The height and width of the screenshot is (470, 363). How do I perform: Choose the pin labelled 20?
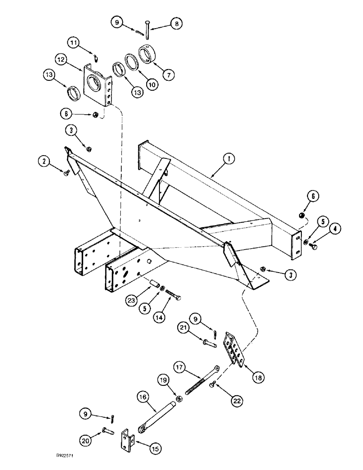tap(107, 430)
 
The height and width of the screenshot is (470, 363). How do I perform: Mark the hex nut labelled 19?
tap(179, 399)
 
